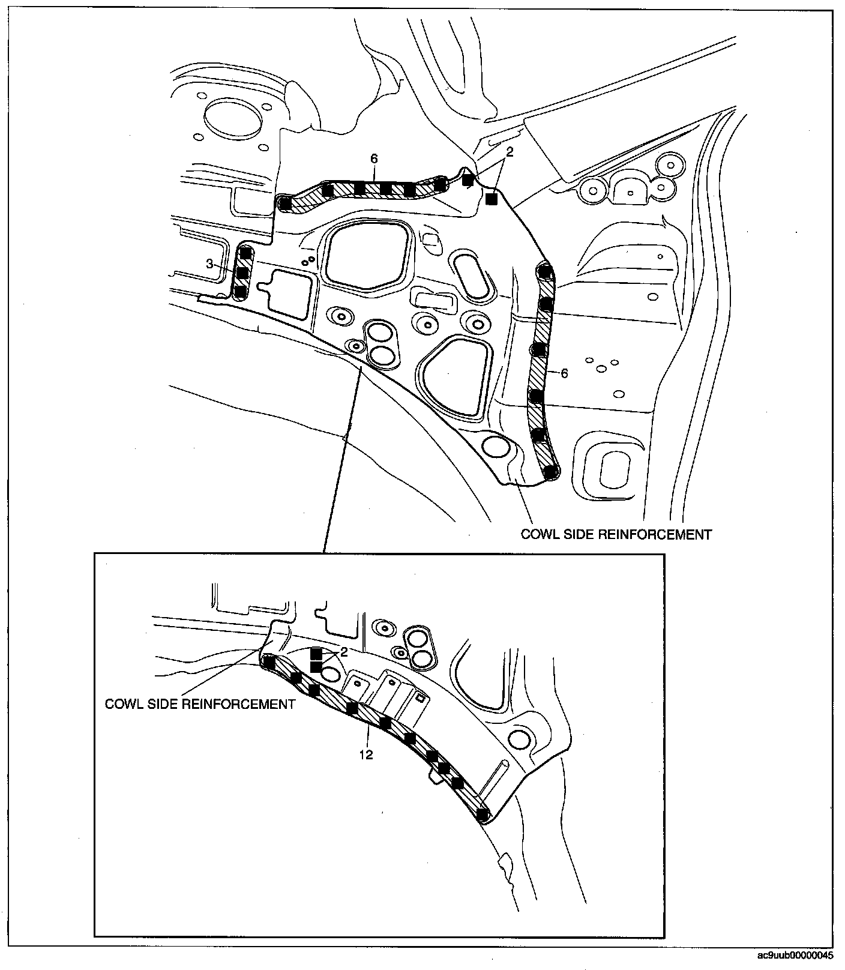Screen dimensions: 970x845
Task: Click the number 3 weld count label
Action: click(209, 263)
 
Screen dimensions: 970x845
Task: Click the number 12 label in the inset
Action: click(366, 755)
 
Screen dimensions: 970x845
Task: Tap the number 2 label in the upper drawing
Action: click(510, 152)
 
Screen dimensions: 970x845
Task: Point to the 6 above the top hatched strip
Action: click(374, 158)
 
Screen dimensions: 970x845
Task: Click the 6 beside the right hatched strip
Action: click(564, 373)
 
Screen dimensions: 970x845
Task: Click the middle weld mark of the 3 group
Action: click(242, 273)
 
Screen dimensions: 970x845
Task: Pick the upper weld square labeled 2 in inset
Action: click(316, 654)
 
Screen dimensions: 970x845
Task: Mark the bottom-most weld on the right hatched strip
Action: click(550, 472)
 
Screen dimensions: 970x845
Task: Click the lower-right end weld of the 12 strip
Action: click(482, 815)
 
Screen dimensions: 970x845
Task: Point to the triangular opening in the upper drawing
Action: click(455, 377)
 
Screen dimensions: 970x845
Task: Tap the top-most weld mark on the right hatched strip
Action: click(544, 272)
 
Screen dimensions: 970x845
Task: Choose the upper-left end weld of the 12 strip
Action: click(269, 663)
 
